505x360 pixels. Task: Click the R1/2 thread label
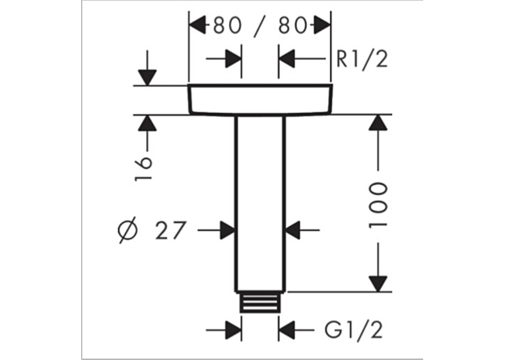(362, 59)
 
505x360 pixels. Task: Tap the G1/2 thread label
(354, 330)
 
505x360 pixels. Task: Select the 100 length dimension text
(377, 206)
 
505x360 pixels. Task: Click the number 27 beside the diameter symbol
(171, 230)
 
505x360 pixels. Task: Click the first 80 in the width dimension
(227, 26)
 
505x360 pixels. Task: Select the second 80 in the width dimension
(292, 26)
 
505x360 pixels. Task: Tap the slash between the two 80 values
(260, 26)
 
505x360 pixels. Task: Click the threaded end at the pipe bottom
(260, 302)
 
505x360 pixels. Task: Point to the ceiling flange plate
(260, 99)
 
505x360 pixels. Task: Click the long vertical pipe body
(260, 203)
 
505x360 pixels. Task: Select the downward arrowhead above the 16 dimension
(147, 78)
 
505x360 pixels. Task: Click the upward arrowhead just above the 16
(147, 123)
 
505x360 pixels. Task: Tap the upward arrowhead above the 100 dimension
(378, 123)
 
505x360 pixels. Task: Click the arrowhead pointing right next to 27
(227, 230)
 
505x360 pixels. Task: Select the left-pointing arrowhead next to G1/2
(286, 330)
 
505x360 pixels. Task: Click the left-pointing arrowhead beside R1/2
(286, 59)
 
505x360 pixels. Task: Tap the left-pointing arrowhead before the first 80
(197, 26)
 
